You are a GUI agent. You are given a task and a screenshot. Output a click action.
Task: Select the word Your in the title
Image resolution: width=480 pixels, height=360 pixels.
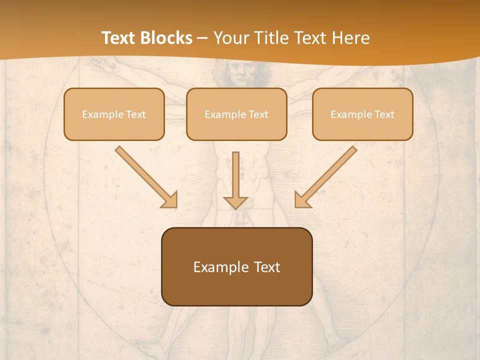point(230,38)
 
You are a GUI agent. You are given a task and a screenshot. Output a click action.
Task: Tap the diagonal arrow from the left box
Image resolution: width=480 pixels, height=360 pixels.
point(145,175)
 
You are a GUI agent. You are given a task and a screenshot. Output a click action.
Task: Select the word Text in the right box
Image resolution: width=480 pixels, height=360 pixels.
point(384,114)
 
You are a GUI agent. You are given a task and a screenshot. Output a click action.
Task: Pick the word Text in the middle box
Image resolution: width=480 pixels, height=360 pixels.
point(258,114)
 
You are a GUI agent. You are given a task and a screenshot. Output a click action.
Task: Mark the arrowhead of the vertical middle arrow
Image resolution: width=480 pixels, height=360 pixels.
point(235,202)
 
